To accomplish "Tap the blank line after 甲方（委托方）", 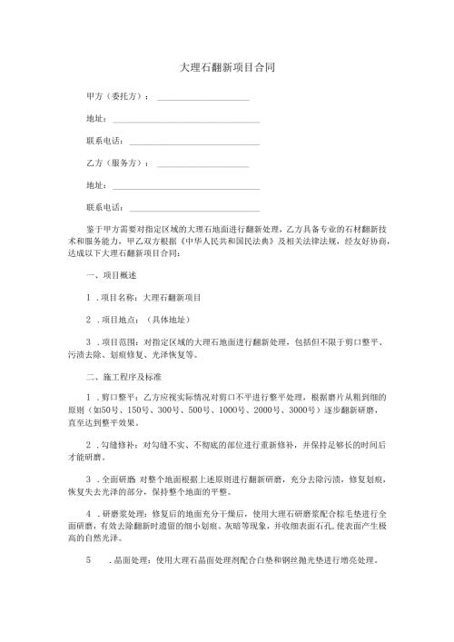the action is click(203, 96).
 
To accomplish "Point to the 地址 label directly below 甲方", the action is click(94, 119).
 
